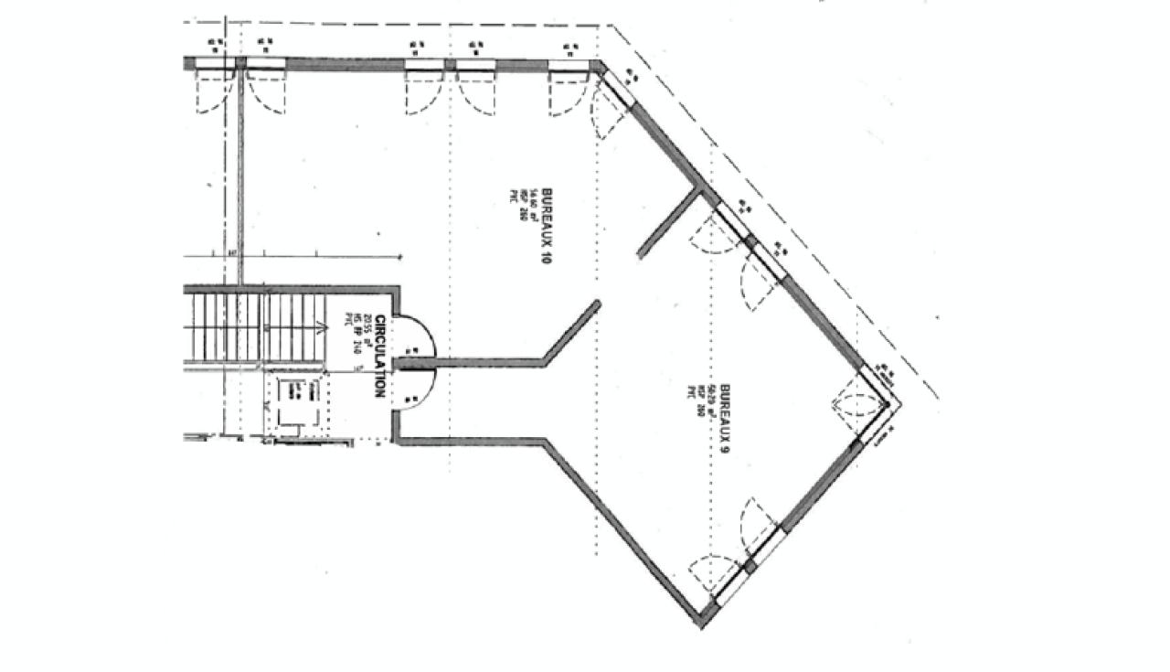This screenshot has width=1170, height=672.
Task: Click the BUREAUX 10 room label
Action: [545, 226]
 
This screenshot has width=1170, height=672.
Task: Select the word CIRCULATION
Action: [378, 357]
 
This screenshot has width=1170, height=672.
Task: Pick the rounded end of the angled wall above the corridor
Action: [595, 304]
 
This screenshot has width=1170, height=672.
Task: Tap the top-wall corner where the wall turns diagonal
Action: [600, 65]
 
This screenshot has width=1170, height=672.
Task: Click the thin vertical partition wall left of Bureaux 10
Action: [241, 174]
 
